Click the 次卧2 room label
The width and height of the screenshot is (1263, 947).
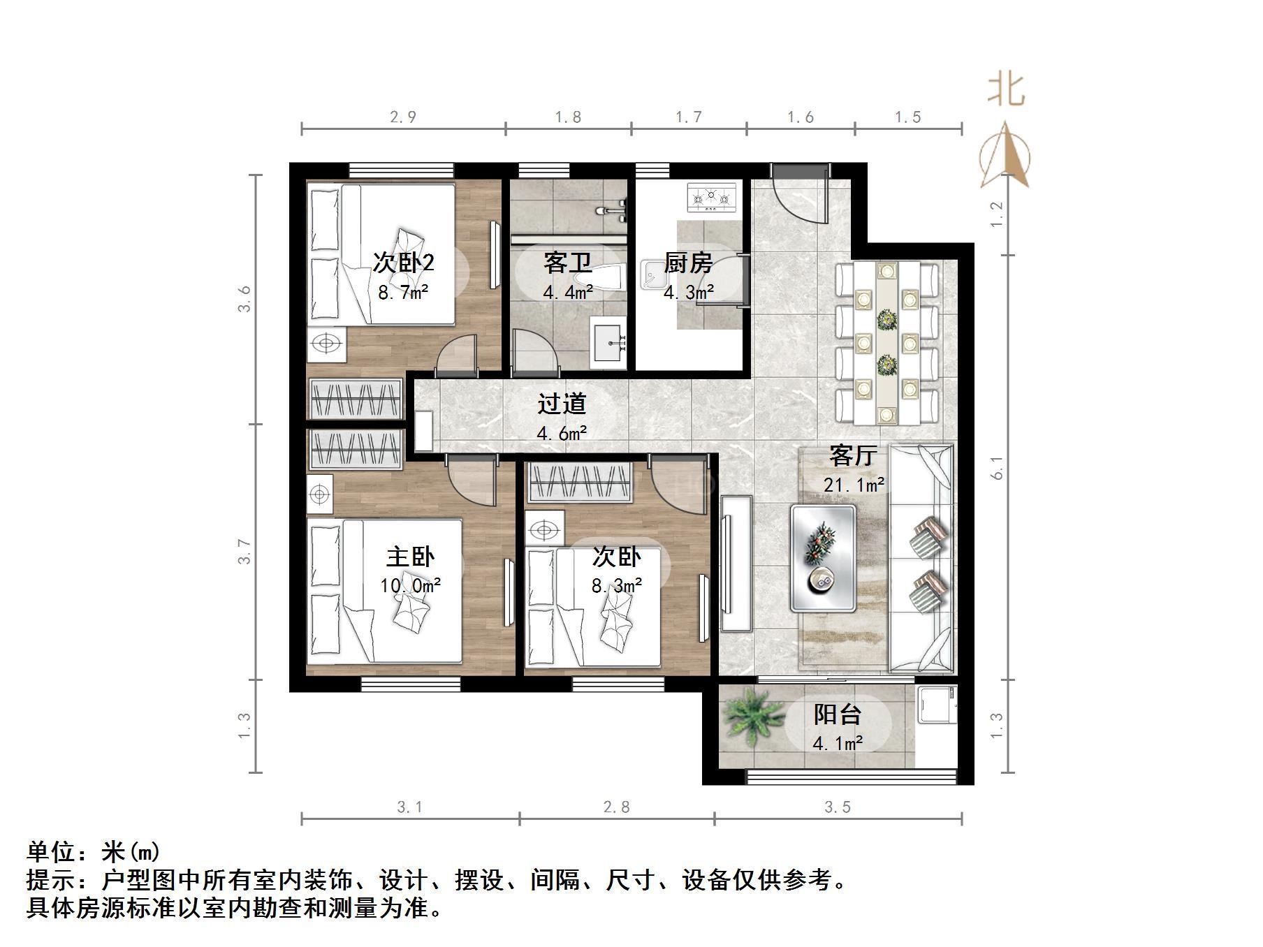coord(403,263)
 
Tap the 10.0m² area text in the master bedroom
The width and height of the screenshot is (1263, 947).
coord(411,585)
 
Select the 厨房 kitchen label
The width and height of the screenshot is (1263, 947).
coord(688,263)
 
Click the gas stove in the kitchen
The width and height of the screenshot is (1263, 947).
coord(713,198)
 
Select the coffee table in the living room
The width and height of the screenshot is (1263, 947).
coord(824,557)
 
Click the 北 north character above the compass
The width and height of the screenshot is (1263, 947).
coord(1006,90)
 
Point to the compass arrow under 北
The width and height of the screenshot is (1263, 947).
coord(1005,155)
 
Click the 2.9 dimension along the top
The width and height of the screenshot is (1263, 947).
coord(403,117)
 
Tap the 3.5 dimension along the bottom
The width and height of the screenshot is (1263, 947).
coord(838,807)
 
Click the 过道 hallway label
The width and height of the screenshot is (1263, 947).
coord(562,404)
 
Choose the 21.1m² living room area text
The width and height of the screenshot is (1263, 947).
coord(854,484)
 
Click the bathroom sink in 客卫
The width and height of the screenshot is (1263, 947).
coord(609,342)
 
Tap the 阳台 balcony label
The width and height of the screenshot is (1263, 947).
coord(838,714)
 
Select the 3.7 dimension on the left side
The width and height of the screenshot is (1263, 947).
coord(244,552)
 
